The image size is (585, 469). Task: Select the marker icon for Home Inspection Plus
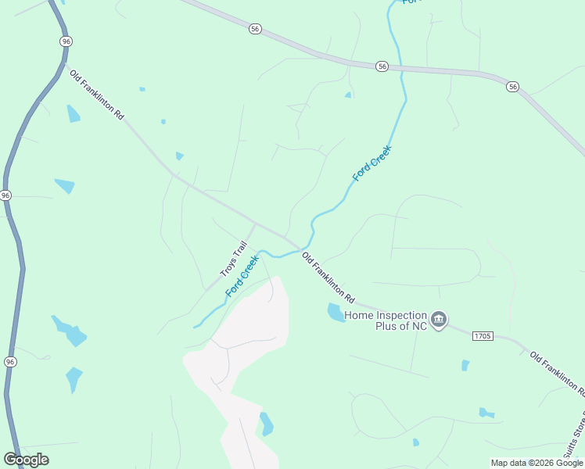[439, 319]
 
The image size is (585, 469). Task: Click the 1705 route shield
[483, 335]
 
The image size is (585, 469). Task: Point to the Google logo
[26, 460]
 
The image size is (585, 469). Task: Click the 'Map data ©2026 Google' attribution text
[537, 463]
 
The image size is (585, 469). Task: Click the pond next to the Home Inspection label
[336, 313]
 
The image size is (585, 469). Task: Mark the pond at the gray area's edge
[267, 423]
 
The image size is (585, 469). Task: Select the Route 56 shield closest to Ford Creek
[381, 67]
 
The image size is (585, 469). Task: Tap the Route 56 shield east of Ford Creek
[512, 86]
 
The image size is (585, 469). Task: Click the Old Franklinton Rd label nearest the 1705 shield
[556, 373]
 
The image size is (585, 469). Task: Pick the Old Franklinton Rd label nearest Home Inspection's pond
[328, 279]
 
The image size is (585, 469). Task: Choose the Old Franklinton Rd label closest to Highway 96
[97, 95]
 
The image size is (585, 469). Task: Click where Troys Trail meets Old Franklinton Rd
[256, 224]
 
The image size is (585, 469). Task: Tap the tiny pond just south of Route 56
[348, 95]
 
